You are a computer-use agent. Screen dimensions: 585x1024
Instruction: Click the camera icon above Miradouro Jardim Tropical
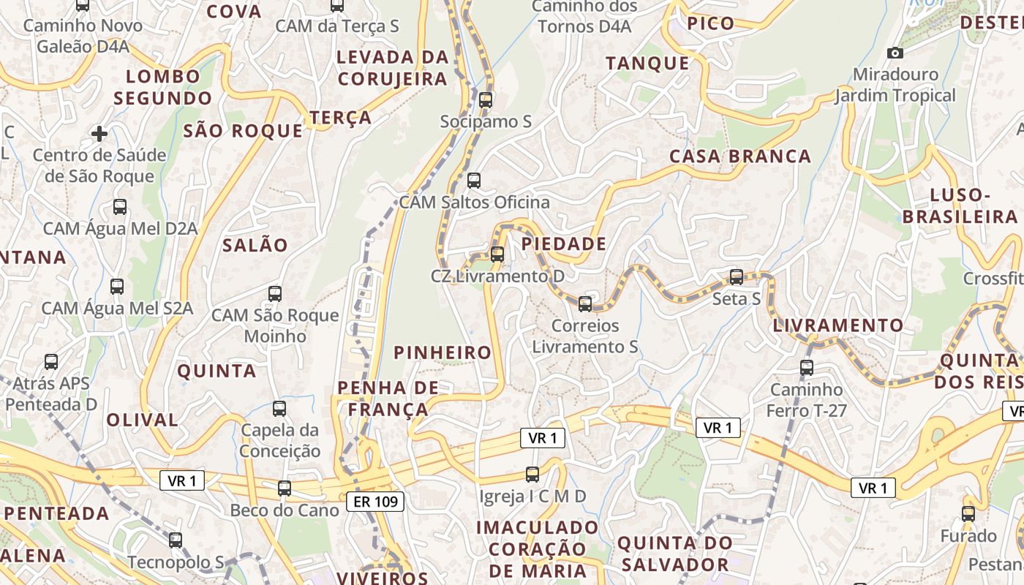(895, 53)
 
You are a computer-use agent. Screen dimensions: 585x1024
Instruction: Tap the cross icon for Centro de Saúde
(99, 134)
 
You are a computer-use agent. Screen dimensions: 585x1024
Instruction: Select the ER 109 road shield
(375, 501)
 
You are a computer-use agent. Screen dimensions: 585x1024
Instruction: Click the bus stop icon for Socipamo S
(486, 100)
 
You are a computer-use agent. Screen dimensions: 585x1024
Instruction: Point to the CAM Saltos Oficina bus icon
(474, 180)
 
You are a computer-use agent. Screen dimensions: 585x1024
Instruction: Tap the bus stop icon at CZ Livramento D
(497, 254)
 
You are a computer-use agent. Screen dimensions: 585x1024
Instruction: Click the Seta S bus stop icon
(737, 277)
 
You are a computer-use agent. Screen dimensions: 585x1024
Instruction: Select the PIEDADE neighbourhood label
(564, 244)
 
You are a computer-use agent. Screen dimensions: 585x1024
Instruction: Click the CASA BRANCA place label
(740, 156)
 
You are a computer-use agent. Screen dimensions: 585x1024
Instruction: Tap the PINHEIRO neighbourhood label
(443, 352)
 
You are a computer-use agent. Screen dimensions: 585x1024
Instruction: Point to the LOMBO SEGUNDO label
(162, 87)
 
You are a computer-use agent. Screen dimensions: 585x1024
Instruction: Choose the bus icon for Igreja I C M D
(532, 475)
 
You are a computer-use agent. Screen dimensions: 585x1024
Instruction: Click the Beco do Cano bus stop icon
(285, 488)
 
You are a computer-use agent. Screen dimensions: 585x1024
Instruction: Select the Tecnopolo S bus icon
(176, 540)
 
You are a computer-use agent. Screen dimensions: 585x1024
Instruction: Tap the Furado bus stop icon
(968, 514)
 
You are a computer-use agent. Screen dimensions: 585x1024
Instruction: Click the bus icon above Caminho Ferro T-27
(807, 368)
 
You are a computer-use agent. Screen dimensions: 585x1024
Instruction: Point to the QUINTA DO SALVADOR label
(674, 554)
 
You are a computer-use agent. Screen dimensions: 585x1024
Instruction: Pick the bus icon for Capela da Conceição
(279, 409)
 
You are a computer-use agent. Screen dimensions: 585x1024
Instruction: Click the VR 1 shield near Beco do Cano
(182, 480)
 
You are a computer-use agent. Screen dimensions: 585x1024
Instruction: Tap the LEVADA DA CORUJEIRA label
(392, 67)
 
